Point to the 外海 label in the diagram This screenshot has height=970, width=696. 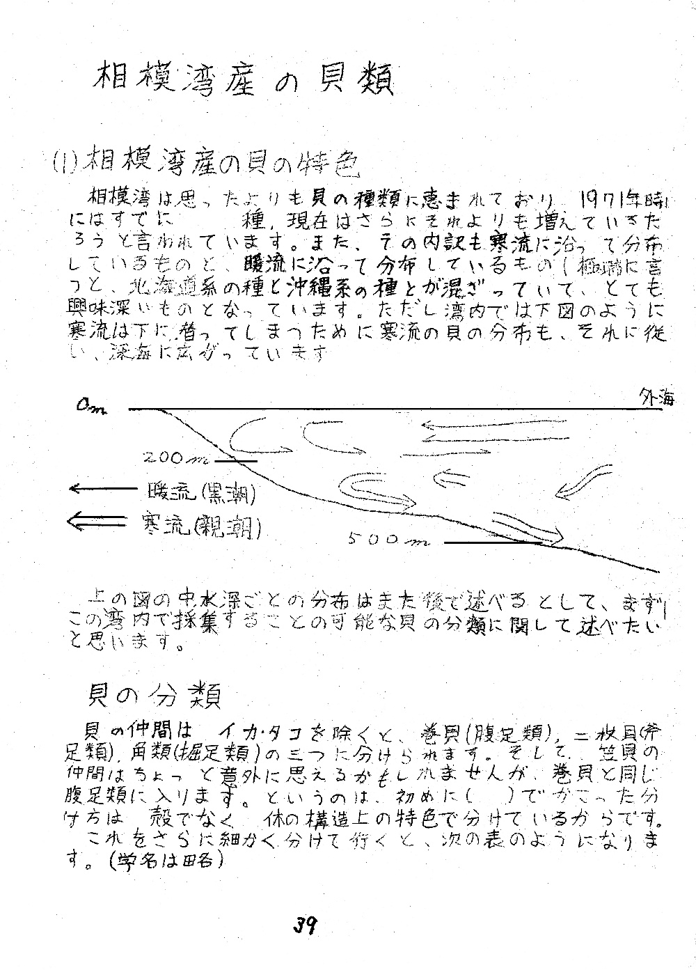(x=656, y=398)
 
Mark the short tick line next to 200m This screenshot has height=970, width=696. (x=236, y=460)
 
